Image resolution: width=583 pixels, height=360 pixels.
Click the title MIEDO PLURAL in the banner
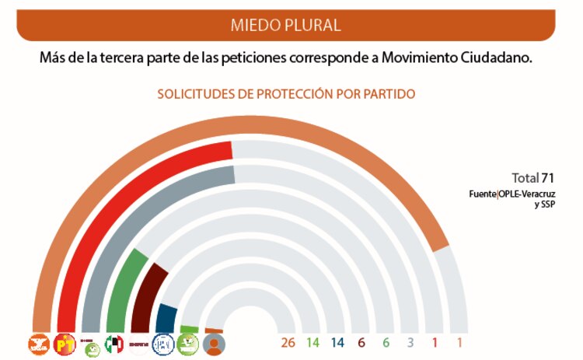click(x=285, y=25)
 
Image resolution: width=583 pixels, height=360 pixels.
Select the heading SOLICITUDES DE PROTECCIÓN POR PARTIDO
click(x=286, y=94)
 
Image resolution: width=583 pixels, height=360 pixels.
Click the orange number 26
click(x=288, y=343)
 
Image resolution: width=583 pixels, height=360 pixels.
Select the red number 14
click(x=312, y=343)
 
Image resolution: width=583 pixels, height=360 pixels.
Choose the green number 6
click(x=386, y=343)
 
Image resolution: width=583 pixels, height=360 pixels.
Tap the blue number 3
click(x=410, y=343)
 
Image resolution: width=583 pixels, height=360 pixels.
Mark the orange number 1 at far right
click(x=459, y=343)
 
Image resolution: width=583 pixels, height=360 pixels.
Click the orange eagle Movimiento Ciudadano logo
click(x=40, y=344)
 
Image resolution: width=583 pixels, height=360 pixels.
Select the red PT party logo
click(x=65, y=344)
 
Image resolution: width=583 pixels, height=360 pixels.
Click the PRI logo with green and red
click(x=114, y=344)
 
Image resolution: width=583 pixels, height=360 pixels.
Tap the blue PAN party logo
click(x=164, y=344)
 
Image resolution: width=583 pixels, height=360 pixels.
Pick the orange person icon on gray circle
click(x=214, y=344)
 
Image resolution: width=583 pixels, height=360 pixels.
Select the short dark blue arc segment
click(x=165, y=315)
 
